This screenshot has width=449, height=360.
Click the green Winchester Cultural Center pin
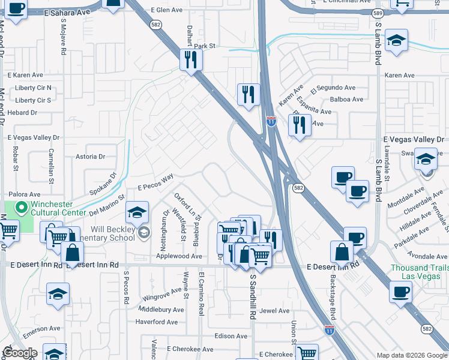pyautogui.click(x=22, y=208)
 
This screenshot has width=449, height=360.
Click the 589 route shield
pyautogui.click(x=377, y=13)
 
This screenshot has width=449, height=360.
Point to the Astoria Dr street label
pyautogui.click(x=91, y=157)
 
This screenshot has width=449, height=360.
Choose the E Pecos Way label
pyautogui.click(x=155, y=181)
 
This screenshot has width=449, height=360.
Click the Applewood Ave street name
pyautogui.click(x=179, y=256)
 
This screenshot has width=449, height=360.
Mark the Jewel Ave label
pyautogui.click(x=275, y=311)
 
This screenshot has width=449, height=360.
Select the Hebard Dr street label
pyautogui.click(x=22, y=112)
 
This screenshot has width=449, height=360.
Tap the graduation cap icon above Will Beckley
pyautogui.click(x=137, y=212)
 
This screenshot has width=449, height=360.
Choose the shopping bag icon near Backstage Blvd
pyautogui.click(x=342, y=251)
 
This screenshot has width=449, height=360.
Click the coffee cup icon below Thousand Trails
pyautogui.click(x=400, y=292)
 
